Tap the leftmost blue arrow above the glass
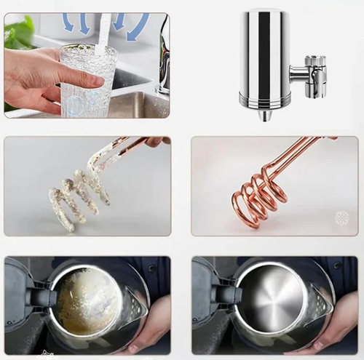pyautogui.click(x=68, y=23)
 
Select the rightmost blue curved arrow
pyautogui.click(x=138, y=28)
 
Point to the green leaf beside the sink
pyautogui.click(x=18, y=33)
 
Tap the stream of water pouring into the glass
pyautogui.click(x=104, y=33)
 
